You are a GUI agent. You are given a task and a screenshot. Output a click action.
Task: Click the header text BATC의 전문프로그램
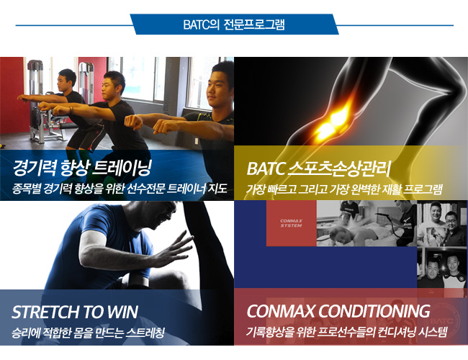click(234, 24)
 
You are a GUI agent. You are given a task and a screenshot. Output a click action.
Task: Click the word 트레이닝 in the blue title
click(122, 168)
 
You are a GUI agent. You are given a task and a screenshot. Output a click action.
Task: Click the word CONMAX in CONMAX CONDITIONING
click(280, 311)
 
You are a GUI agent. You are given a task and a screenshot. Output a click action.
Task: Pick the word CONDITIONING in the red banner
click(374, 311)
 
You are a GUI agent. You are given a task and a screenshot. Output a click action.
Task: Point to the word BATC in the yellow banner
click(266, 168)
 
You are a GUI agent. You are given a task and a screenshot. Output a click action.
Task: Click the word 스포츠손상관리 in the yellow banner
click(340, 168)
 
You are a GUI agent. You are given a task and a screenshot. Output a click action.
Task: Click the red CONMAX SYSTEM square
click(292, 223)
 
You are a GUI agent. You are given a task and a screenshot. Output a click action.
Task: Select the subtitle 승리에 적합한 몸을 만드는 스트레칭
click(89, 333)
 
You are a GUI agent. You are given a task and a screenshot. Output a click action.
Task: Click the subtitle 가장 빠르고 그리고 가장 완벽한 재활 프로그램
click(344, 189)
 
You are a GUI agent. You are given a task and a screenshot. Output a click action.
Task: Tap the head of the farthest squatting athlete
click(67, 79)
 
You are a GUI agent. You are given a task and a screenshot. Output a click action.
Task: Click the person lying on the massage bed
click(358, 233)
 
